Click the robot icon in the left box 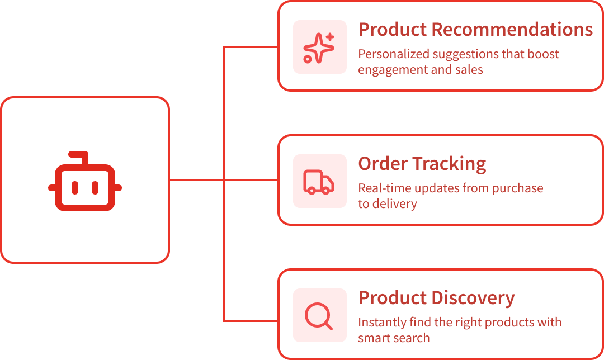85,182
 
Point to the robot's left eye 75,188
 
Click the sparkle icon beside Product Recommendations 319,48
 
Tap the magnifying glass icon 319,316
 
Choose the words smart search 394,338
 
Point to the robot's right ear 118,188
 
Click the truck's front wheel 326,191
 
